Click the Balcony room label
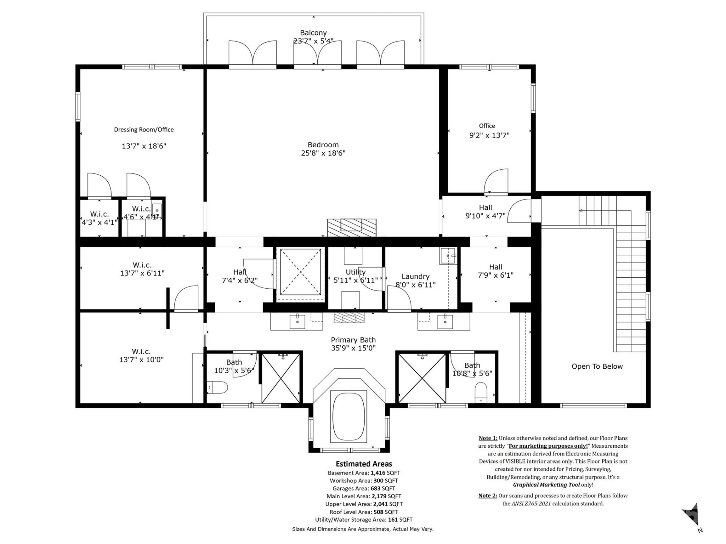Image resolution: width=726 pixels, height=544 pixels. point(313,33)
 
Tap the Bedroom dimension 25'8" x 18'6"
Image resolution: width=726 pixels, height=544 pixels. point(323,153)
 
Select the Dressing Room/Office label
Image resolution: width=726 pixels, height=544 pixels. point(144,130)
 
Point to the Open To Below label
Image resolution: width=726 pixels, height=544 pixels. point(597,366)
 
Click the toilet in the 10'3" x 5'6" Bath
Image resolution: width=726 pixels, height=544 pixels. point(218,387)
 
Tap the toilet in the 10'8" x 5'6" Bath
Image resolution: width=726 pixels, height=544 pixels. point(481,392)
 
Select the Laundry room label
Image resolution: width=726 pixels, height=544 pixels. point(415,277)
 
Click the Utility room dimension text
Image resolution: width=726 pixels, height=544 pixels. point(355,280)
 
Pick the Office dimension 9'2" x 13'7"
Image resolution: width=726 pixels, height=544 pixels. point(489,135)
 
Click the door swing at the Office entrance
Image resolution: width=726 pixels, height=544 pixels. point(496,181)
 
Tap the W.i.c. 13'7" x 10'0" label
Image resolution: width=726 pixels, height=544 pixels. point(141,355)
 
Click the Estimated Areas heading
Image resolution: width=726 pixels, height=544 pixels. point(364,464)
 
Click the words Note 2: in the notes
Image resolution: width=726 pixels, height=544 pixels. point(487,496)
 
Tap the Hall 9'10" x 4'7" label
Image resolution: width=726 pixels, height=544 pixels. point(485,212)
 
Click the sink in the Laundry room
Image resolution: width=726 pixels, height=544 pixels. point(448,256)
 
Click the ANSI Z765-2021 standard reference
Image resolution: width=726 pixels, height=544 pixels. point(531,504)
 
